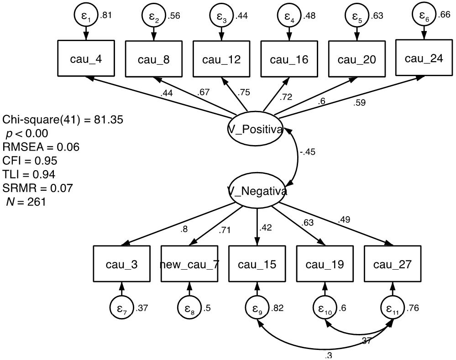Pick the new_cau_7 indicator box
point(189,265)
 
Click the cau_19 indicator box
point(325,265)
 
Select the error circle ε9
point(257,307)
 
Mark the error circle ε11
point(392,307)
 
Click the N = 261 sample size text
point(26,201)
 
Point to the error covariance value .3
point(328,356)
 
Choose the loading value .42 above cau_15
point(267,227)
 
